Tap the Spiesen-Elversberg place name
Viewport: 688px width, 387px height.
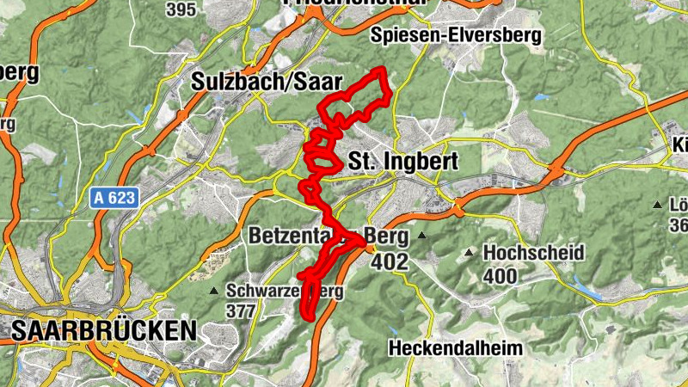tap(456, 35)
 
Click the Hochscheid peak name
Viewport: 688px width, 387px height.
tap(533, 253)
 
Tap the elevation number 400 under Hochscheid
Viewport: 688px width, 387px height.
tap(500, 276)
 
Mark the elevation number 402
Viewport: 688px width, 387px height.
tap(390, 261)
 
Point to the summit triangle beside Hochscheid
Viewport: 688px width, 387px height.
tap(469, 253)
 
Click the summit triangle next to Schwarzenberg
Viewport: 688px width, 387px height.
tap(213, 291)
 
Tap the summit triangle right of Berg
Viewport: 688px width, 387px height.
tap(422, 235)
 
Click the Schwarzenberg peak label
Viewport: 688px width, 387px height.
tap(286, 291)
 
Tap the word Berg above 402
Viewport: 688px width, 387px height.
tap(385, 235)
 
